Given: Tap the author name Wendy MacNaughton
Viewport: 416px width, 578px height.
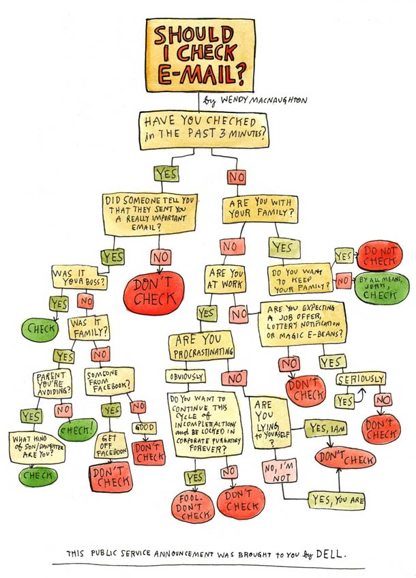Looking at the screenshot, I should click(x=260, y=100).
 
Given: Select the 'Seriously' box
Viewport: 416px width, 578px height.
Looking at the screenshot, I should click(x=361, y=379).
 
